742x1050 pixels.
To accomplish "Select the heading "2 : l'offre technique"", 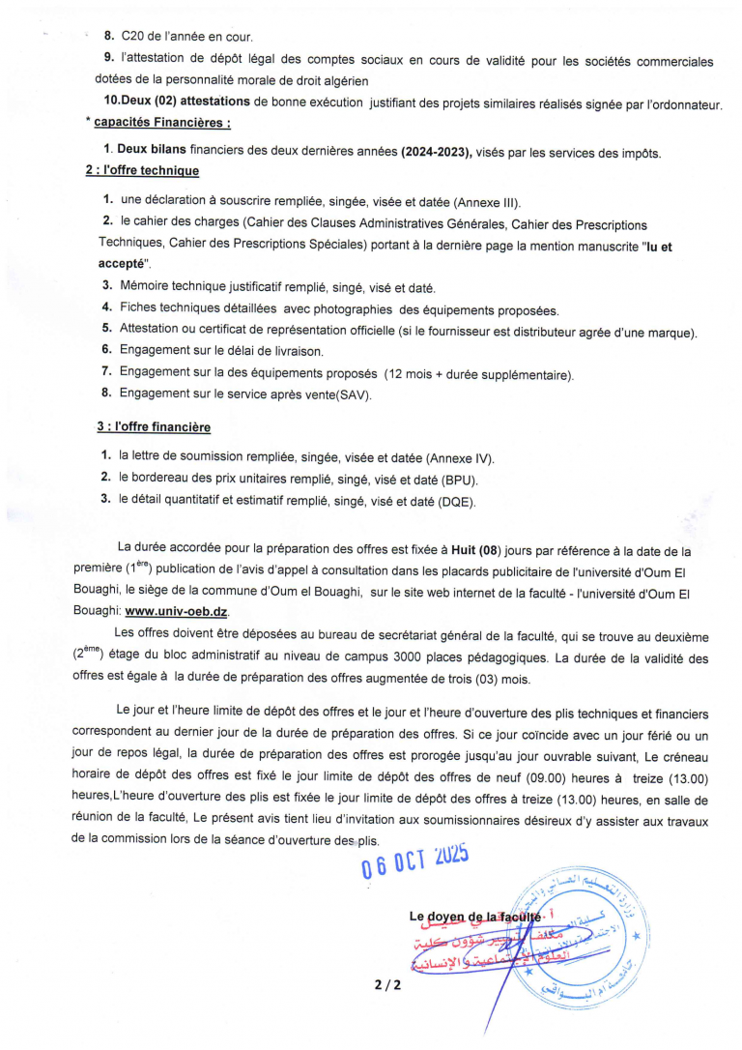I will (142, 170).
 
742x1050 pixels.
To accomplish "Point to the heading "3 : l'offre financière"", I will (153, 426).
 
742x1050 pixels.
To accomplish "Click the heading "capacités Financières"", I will (162, 123).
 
